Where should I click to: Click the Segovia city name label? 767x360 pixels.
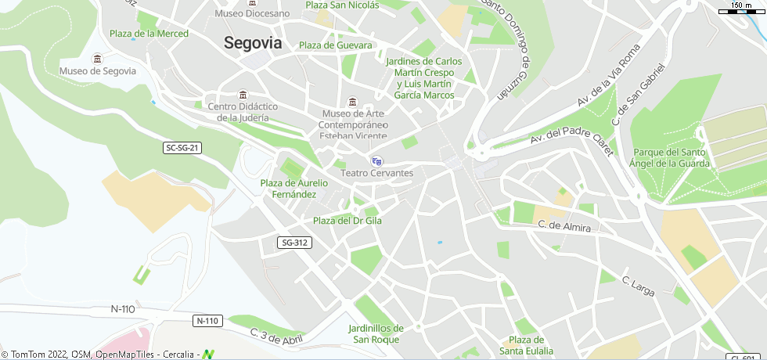(253, 43)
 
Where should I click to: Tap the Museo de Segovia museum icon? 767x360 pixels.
(97, 59)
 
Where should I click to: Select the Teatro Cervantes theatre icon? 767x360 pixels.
(376, 161)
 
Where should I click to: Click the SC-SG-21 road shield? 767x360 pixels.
(183, 148)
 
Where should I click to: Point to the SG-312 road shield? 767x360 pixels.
(294, 243)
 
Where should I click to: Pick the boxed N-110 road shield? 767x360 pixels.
(208, 321)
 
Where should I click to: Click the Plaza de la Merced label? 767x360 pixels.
(149, 34)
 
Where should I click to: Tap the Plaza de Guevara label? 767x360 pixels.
(336, 45)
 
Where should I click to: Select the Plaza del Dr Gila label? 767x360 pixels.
(347, 221)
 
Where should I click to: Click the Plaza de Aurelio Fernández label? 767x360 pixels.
(294, 188)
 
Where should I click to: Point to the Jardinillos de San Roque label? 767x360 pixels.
(376, 333)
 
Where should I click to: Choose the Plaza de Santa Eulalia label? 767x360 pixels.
(527, 345)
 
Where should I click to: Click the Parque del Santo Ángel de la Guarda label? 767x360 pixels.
(672, 158)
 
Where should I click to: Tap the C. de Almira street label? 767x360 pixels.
(564, 226)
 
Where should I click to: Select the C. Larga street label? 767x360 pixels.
(638, 286)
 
